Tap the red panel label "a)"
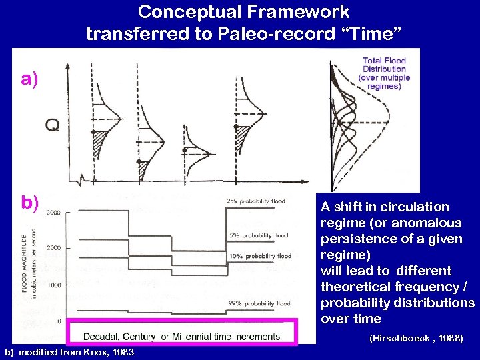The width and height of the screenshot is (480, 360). click(29, 79)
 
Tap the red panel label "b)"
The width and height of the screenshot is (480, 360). click(29, 202)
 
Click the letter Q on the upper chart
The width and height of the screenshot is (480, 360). click(51, 125)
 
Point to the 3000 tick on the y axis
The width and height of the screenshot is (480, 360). click(53, 213)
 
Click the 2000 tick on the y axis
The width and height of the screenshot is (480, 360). click(53, 248)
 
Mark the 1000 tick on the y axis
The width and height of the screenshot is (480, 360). click(53, 285)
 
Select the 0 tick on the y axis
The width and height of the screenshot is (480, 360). click(59, 321)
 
